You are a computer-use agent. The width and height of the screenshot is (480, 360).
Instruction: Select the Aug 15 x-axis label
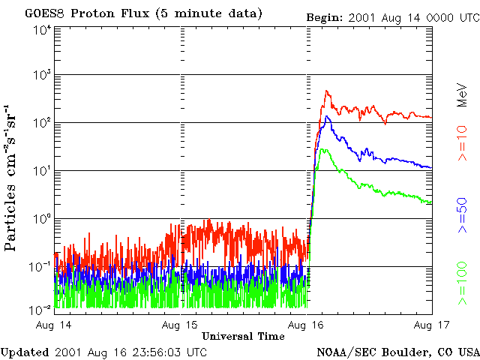pyautogui.click(x=180, y=325)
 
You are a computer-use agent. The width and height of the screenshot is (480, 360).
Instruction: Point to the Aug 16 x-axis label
pyautogui.click(x=305, y=325)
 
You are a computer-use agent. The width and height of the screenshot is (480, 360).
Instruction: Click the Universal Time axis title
pyautogui.click(x=243, y=336)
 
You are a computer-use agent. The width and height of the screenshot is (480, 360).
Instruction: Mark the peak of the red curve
pyautogui.click(x=327, y=91)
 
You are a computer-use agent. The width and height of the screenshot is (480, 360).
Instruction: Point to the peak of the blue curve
pyautogui.click(x=326, y=116)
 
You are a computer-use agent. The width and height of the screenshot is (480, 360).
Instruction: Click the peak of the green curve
pyautogui.click(x=322, y=149)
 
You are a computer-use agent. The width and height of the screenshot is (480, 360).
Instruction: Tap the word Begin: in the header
pyautogui.click(x=325, y=16)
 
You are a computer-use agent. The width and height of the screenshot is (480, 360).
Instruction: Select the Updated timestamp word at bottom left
pyautogui.click(x=25, y=351)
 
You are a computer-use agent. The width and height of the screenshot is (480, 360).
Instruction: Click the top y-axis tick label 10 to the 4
pyautogui.click(x=42, y=29)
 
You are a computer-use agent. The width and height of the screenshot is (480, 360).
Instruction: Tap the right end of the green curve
pyautogui.click(x=430, y=203)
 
